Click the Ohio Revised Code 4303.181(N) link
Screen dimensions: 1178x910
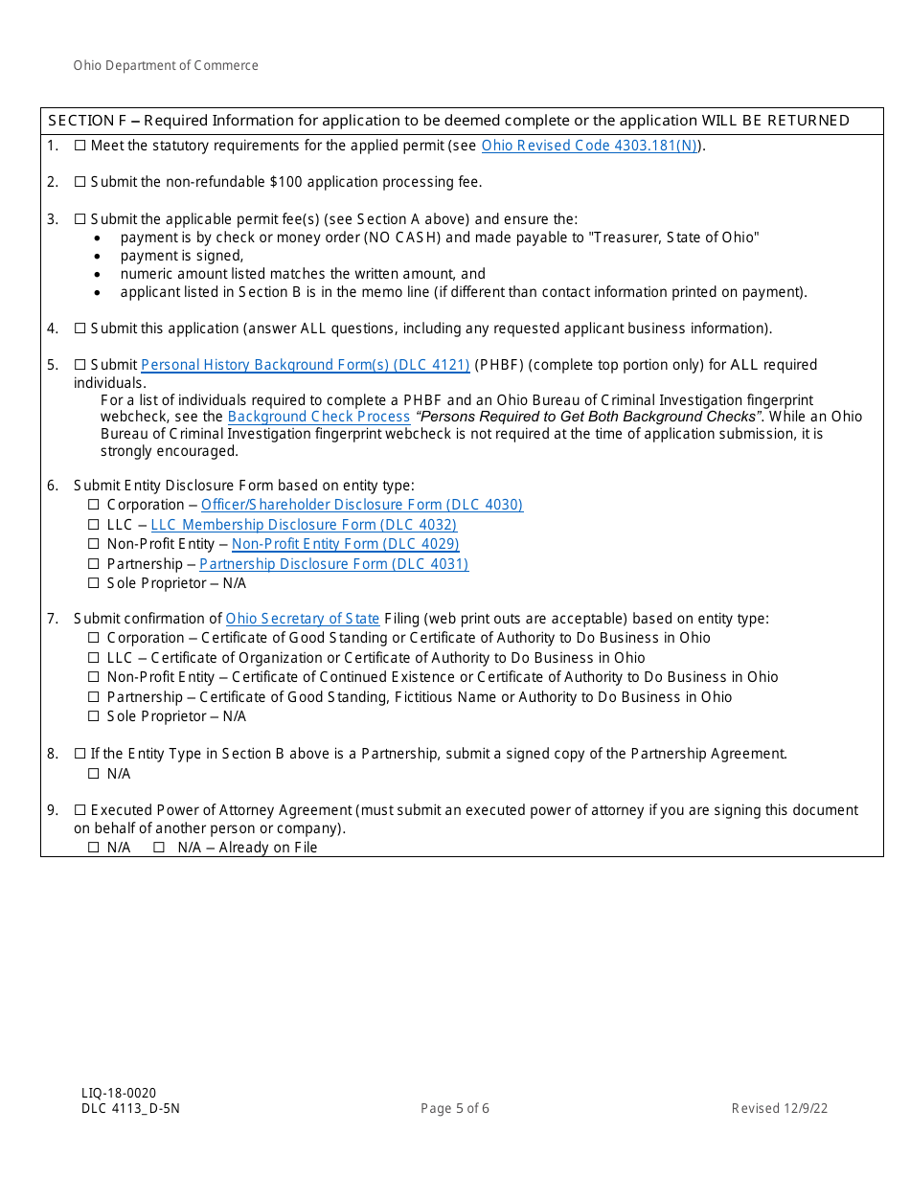pos(589,146)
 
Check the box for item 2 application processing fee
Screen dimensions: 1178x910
pos(80,182)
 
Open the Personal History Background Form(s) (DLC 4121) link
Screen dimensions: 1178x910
pos(305,365)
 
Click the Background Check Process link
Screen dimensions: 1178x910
pos(319,417)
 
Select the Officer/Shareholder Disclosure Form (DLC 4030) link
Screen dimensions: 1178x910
pos(361,505)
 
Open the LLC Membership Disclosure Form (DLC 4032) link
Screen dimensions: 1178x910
pos(304,525)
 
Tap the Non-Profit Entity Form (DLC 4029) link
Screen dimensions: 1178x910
pos(345,544)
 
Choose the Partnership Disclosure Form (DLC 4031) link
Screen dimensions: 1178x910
pos(333,564)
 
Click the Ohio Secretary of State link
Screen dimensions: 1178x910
pos(303,619)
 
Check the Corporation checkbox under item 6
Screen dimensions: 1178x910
pos(94,505)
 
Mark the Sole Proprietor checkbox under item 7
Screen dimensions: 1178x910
pos(94,716)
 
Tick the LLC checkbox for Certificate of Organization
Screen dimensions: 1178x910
pos(94,658)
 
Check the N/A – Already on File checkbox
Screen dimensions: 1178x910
pos(159,848)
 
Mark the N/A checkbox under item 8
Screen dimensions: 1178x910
pos(94,774)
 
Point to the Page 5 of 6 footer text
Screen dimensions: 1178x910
pos(455,1109)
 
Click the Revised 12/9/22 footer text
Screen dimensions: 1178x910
pos(780,1109)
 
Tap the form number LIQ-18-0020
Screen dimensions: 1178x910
pos(119,1093)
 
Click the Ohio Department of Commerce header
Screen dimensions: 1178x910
pos(166,66)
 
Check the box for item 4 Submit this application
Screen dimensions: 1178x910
pos(80,328)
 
